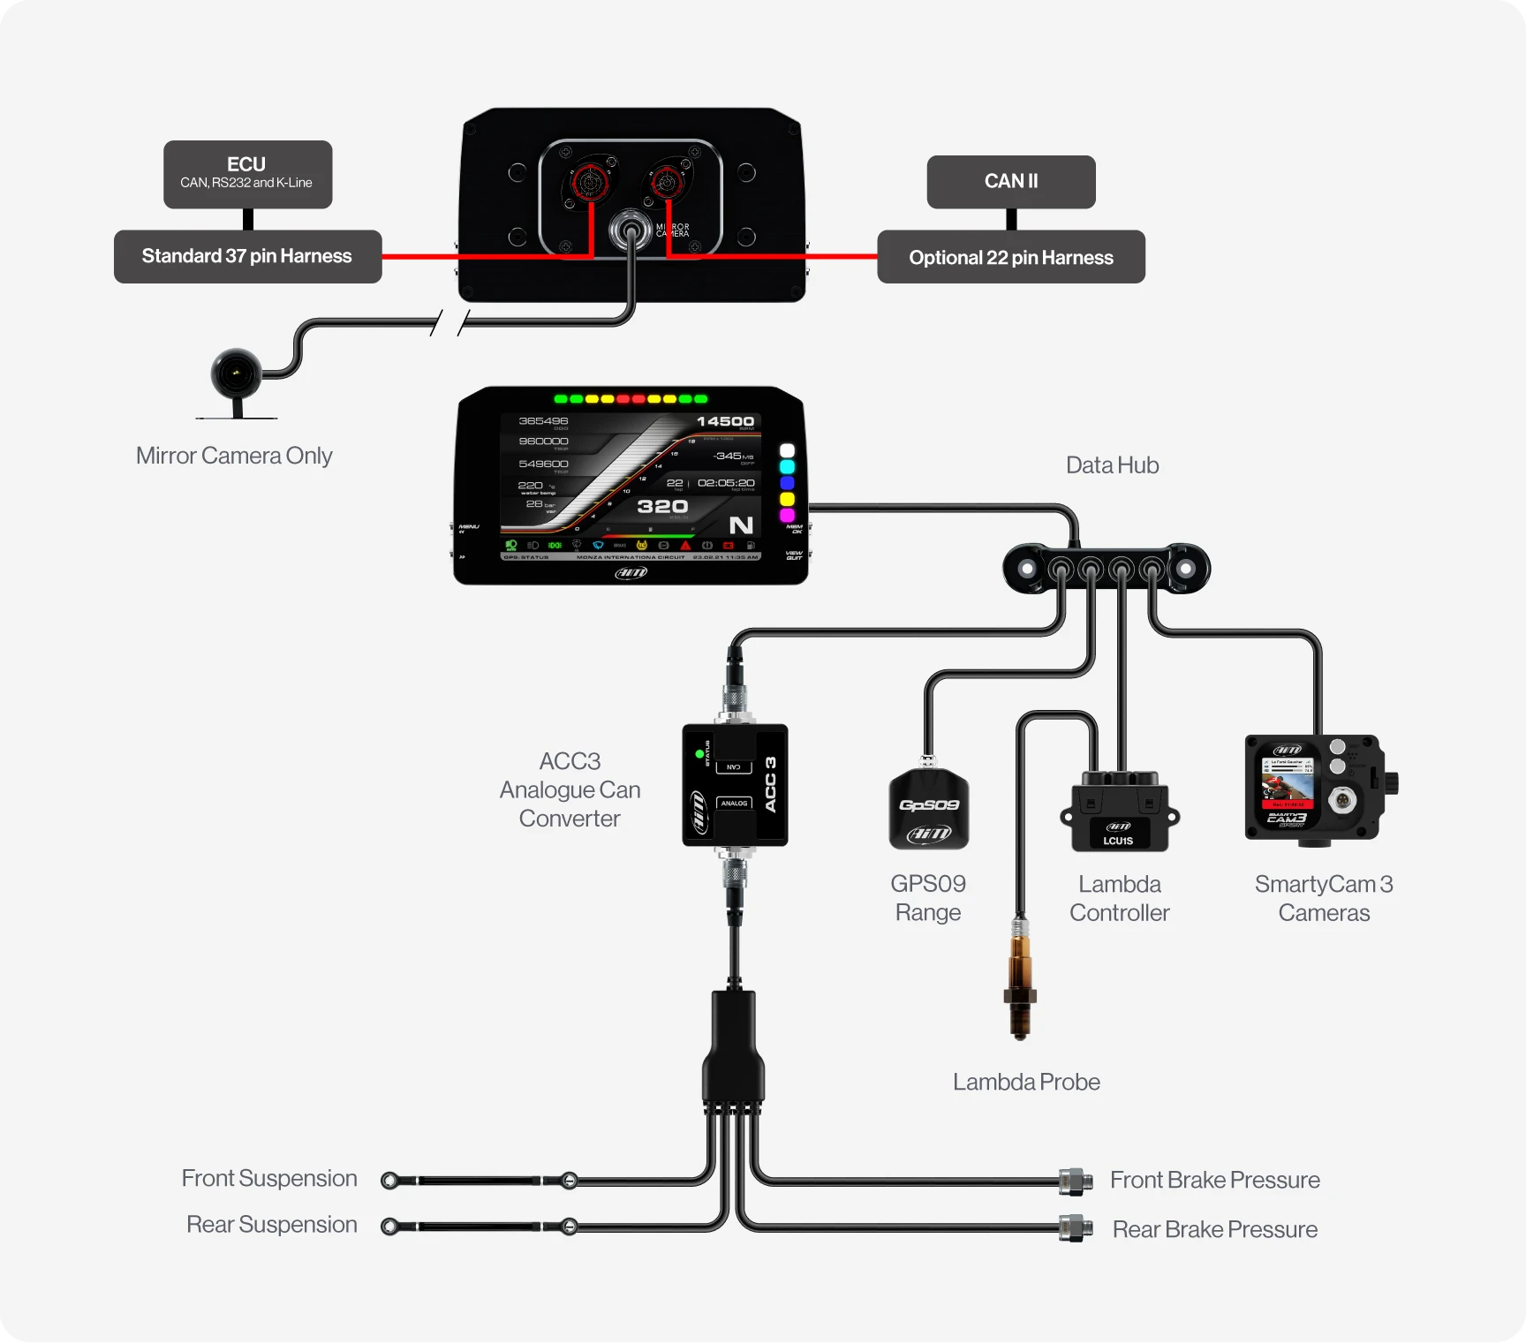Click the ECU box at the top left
click(247, 174)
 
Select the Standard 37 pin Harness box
click(247, 256)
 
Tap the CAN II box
click(1011, 181)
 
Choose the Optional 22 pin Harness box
click(1011, 257)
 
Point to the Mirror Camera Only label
click(234, 456)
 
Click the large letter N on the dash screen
click(741, 525)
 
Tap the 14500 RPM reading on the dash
click(725, 421)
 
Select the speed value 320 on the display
click(662, 506)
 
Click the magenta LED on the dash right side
click(787, 515)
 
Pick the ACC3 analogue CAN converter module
click(735, 785)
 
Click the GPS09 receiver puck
click(928, 809)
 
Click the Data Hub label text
click(1112, 465)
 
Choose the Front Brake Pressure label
click(1214, 1180)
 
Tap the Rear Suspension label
click(271, 1225)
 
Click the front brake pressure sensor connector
click(1076, 1181)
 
